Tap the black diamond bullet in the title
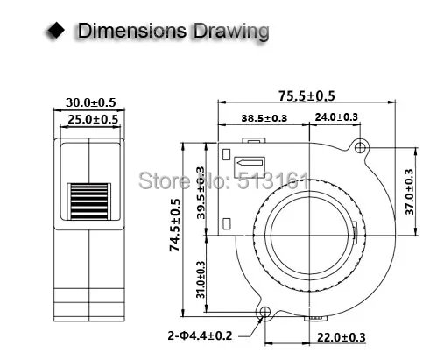58,32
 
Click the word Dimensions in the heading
130,32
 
